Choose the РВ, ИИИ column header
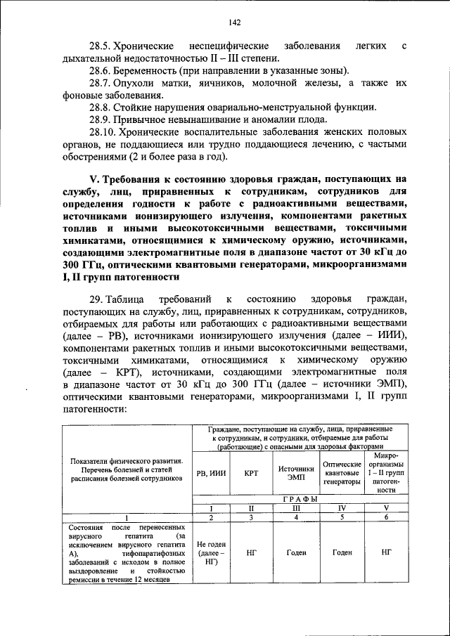[211, 473]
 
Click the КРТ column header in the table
[251, 473]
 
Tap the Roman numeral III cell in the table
[296, 507]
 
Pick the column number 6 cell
[385, 517]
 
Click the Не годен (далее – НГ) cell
[211, 553]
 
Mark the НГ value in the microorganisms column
[385, 553]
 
